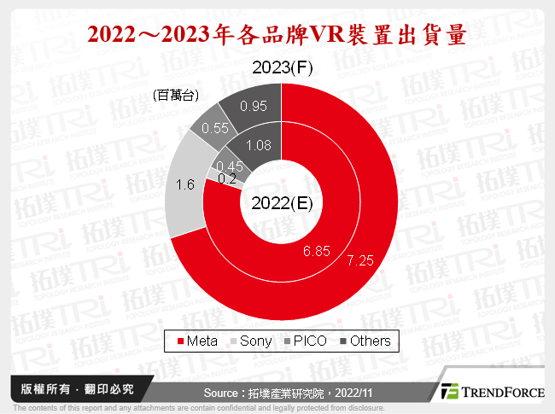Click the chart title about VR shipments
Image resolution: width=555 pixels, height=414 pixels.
click(x=277, y=35)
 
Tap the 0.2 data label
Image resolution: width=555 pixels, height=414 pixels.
click(x=228, y=178)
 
